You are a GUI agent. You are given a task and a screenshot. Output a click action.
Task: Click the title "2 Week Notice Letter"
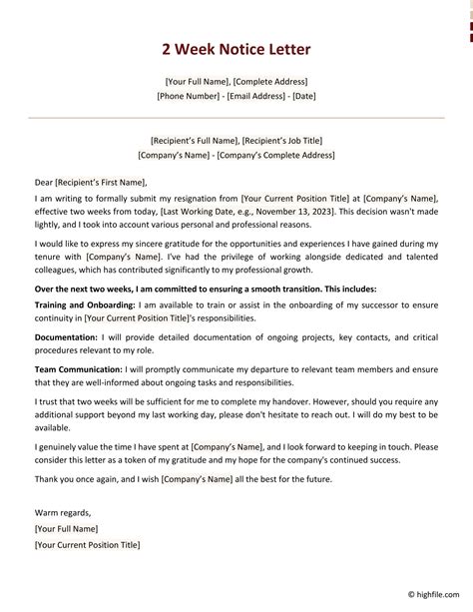(x=236, y=49)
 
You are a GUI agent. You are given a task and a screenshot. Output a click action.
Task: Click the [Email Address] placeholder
(x=255, y=97)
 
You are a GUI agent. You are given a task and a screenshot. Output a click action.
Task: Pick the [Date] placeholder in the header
(x=302, y=97)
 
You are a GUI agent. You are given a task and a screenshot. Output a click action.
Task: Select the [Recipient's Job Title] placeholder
(x=281, y=141)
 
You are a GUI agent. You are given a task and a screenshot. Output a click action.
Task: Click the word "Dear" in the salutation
(x=44, y=184)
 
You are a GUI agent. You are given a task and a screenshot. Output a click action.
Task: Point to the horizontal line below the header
(x=236, y=118)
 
